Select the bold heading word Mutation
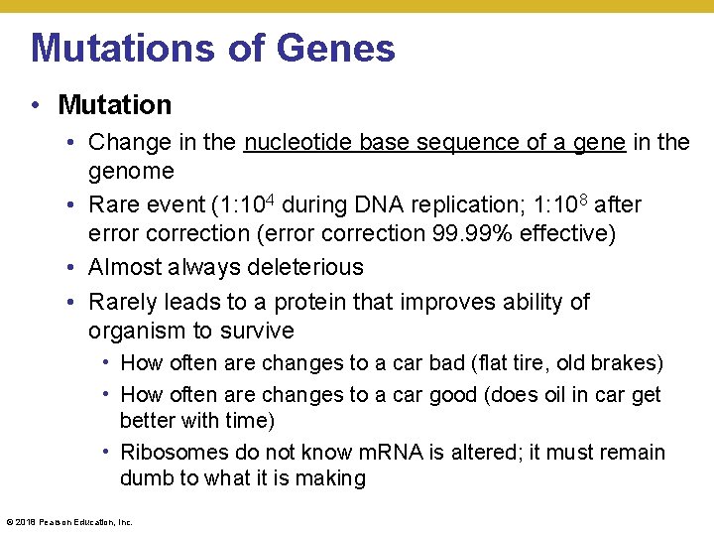coord(115,104)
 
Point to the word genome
coord(131,172)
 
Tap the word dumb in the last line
coord(144,478)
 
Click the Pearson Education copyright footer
coord(69,521)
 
